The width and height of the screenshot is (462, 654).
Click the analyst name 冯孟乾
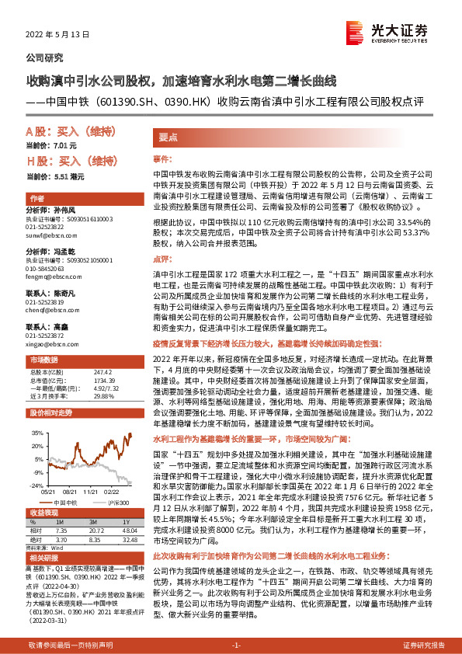69,252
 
